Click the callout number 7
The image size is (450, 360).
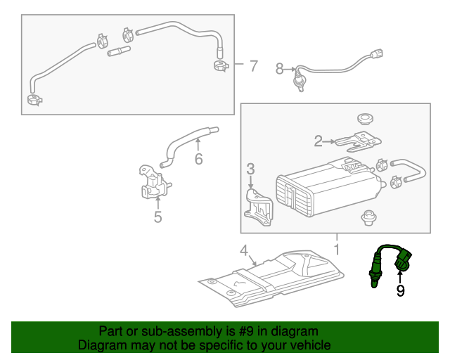point(253,67)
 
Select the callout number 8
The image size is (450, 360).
point(279,69)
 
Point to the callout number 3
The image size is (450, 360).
point(250,169)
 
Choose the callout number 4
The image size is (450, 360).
point(243,250)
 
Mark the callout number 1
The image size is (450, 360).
point(336,250)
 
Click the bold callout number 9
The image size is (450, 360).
point(400,290)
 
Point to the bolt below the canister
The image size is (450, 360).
point(366,217)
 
